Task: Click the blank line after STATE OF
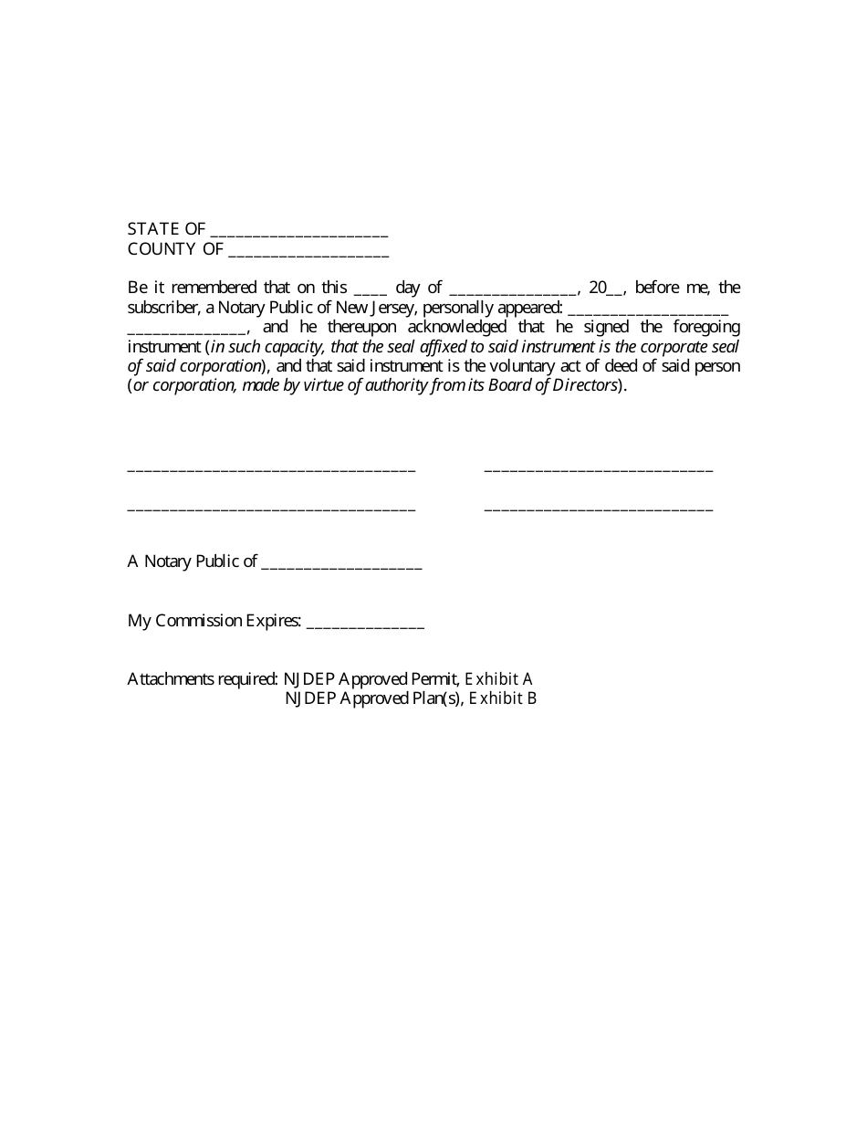(x=299, y=230)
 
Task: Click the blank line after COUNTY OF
(x=308, y=249)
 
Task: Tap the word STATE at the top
(x=153, y=229)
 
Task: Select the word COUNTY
(x=162, y=249)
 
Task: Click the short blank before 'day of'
(x=371, y=289)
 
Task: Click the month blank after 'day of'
(x=514, y=289)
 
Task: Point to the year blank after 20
(x=616, y=289)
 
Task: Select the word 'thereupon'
(x=348, y=327)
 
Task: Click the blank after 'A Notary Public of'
(x=341, y=562)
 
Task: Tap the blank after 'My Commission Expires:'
(x=365, y=622)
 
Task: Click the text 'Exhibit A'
(x=499, y=679)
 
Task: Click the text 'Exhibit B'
(x=503, y=698)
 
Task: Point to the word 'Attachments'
(x=170, y=679)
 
